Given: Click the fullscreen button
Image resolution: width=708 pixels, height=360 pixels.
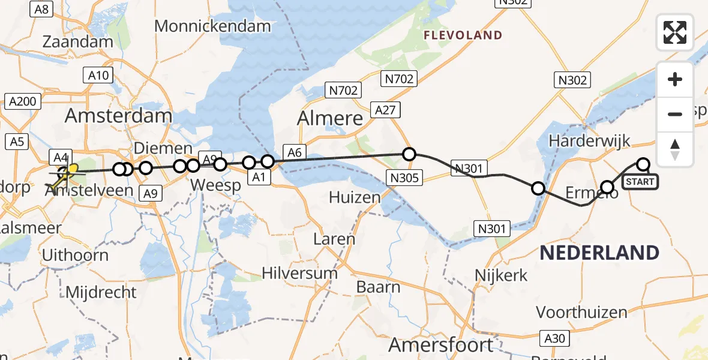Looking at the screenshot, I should coord(675,32).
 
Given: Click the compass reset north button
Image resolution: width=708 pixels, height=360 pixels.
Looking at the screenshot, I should coord(675,149).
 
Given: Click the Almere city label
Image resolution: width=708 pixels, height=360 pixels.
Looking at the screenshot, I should coord(331,118).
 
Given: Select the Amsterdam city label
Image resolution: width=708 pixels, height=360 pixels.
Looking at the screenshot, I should coord(118,115).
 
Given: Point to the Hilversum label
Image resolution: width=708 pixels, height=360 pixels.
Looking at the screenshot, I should coord(299,274).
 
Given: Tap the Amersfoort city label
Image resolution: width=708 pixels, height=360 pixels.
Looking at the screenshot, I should coord(441,345).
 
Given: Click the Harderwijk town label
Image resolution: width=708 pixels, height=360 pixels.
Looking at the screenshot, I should coord(590,141).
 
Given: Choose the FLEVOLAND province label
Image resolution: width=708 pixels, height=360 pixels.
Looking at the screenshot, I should coord(463,35).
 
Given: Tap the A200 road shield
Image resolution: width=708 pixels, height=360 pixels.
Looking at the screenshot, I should coord(23,101).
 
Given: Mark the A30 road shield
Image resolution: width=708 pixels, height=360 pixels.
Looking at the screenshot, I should coord(554,338).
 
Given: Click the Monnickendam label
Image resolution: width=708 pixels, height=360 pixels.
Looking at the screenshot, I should coord(212,26).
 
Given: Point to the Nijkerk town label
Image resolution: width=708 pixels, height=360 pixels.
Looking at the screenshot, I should coord(501,275).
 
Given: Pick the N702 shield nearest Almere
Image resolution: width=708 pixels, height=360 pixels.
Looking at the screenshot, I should coord(343,91).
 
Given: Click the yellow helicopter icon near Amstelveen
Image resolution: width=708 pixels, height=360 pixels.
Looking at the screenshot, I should coord(65,175).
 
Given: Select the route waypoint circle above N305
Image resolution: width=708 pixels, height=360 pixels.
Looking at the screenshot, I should coord(409,154).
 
